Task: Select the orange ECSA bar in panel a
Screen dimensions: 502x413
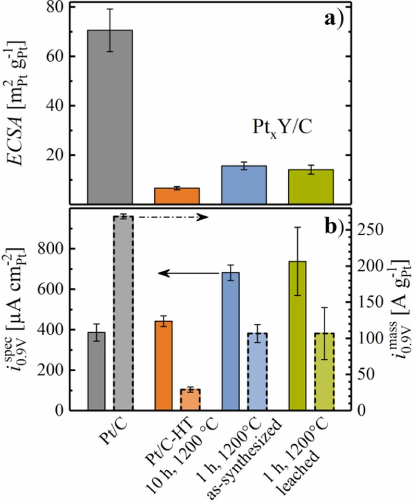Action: [177, 196]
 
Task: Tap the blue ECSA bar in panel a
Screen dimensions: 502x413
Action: [244, 185]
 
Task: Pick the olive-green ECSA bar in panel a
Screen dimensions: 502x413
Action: [311, 187]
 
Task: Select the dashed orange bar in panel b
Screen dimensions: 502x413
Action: [190, 400]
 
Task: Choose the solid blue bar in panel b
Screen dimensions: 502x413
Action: [230, 341]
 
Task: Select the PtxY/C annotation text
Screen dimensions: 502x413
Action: [281, 127]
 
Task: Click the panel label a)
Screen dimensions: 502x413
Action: [333, 19]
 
